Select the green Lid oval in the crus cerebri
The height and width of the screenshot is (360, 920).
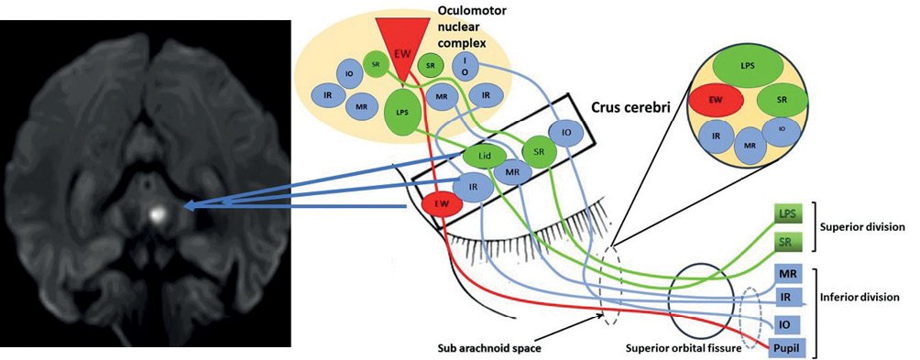tap(484, 157)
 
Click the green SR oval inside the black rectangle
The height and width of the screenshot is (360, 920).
tap(538, 149)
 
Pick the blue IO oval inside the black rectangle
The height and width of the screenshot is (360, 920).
tap(565, 134)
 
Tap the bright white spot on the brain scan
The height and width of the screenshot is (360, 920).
tap(156, 213)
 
